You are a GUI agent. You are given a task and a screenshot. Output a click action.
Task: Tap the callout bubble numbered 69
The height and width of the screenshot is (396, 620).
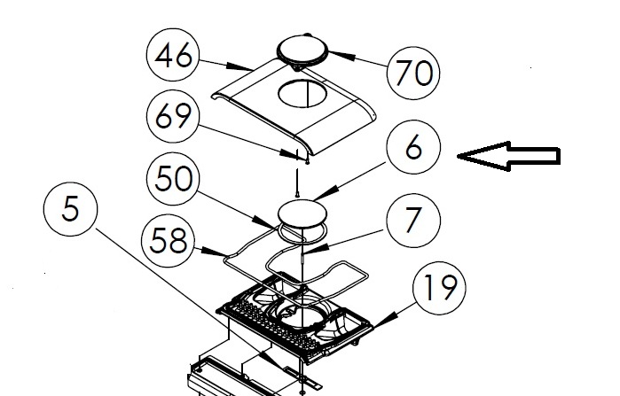pyautogui.click(x=173, y=116)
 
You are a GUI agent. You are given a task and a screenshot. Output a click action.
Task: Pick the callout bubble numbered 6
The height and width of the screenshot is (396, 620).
pyautogui.click(x=413, y=148)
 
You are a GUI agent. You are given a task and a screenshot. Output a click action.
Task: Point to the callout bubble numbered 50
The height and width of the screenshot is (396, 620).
pyautogui.click(x=174, y=179)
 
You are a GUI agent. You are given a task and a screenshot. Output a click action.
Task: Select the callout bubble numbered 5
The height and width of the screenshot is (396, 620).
pyautogui.click(x=70, y=209)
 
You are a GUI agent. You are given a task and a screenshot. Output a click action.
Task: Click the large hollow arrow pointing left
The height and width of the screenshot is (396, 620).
pyautogui.click(x=509, y=156)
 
